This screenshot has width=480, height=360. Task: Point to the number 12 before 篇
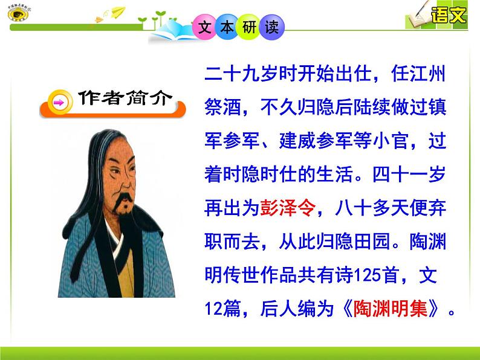pyautogui.click(x=213, y=309)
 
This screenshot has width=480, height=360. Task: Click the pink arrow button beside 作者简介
pyautogui.click(x=59, y=103)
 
